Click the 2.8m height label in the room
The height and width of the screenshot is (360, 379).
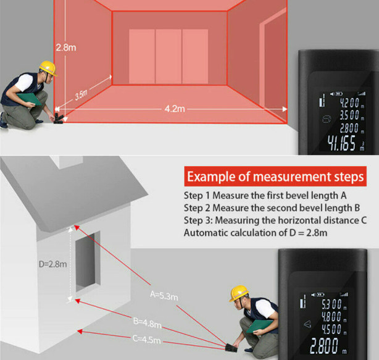click(66, 48)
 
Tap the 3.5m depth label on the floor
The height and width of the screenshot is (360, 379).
click(81, 94)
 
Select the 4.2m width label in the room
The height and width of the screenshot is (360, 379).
click(175, 109)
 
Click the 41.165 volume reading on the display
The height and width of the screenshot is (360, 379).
click(341, 143)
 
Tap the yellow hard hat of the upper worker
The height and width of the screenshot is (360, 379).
click(48, 68)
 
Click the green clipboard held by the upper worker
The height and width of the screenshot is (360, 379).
click(29, 99)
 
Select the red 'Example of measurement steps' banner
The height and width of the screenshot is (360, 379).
click(275, 176)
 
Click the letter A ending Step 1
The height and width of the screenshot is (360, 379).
click(343, 196)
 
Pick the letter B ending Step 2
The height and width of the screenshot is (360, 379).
click(357, 208)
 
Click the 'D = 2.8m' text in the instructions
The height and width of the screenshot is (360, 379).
click(308, 233)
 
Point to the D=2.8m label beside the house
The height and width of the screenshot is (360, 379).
click(52, 264)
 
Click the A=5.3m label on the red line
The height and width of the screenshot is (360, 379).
click(164, 295)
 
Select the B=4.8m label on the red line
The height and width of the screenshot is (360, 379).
click(147, 323)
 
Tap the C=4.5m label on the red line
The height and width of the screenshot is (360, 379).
click(146, 339)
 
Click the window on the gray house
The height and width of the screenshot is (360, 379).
click(88, 262)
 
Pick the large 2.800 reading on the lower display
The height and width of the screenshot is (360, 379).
click(324, 346)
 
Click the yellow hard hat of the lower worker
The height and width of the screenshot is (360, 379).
click(238, 293)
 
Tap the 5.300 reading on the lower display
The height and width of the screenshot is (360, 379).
click(331, 304)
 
